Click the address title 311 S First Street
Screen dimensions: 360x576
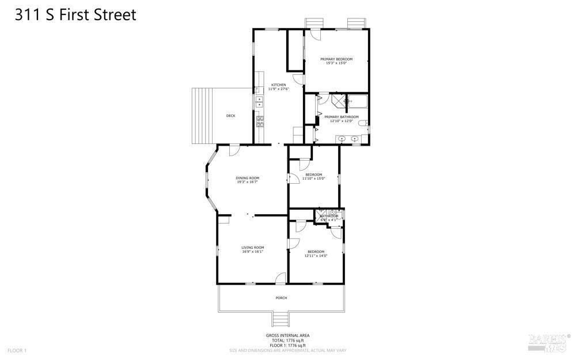[75, 15]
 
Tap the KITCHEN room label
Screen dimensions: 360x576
[279, 85]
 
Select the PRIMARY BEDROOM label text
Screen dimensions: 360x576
[336, 59]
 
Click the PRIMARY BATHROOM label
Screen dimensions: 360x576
[345, 117]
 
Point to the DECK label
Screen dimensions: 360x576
[230, 116]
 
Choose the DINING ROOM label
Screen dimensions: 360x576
[247, 178]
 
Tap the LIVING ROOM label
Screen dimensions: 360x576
[252, 248]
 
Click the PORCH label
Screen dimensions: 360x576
[281, 298]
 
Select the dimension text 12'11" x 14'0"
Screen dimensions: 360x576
[315, 256]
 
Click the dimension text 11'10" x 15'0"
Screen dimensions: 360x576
[313, 179]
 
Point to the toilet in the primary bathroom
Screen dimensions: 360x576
[363, 123]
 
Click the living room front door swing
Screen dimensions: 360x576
[281, 278]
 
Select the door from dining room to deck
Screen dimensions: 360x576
[234, 149]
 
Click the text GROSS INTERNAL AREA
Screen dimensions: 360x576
[287, 335]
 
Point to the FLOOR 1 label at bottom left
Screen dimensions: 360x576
[17, 350]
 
